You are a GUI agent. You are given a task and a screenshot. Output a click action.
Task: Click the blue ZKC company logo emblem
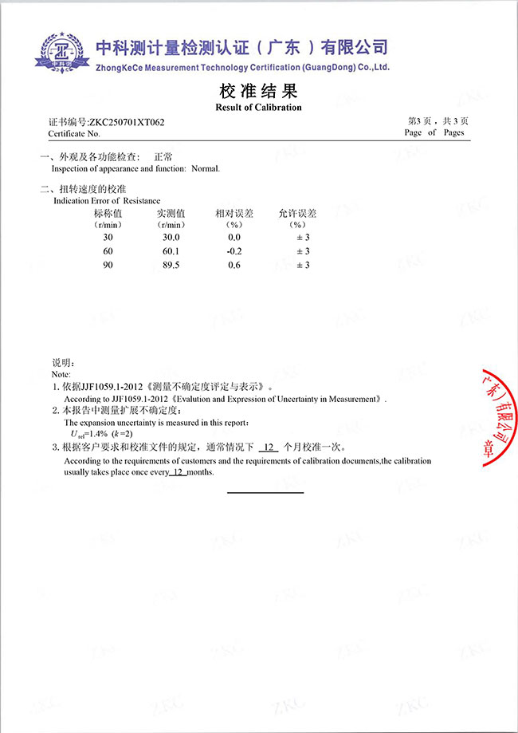(59, 52)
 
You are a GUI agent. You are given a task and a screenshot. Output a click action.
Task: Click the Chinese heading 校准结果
(258, 89)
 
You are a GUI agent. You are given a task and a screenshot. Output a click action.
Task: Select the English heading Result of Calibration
(259, 107)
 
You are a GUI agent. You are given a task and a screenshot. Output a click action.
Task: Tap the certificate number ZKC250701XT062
(128, 122)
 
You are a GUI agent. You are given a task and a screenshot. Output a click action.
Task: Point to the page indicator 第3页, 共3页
(438, 121)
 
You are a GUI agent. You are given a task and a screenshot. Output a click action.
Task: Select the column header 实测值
(171, 213)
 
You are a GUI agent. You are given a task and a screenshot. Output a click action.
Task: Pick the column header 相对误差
(233, 213)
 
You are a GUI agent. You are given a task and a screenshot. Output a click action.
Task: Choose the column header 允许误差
(297, 213)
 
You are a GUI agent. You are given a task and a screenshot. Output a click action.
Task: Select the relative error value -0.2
(234, 251)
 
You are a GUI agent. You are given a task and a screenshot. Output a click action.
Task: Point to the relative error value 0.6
(234, 265)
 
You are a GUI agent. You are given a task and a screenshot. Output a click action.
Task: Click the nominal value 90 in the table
(108, 265)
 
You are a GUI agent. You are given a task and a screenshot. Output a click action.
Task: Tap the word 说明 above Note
(62, 363)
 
